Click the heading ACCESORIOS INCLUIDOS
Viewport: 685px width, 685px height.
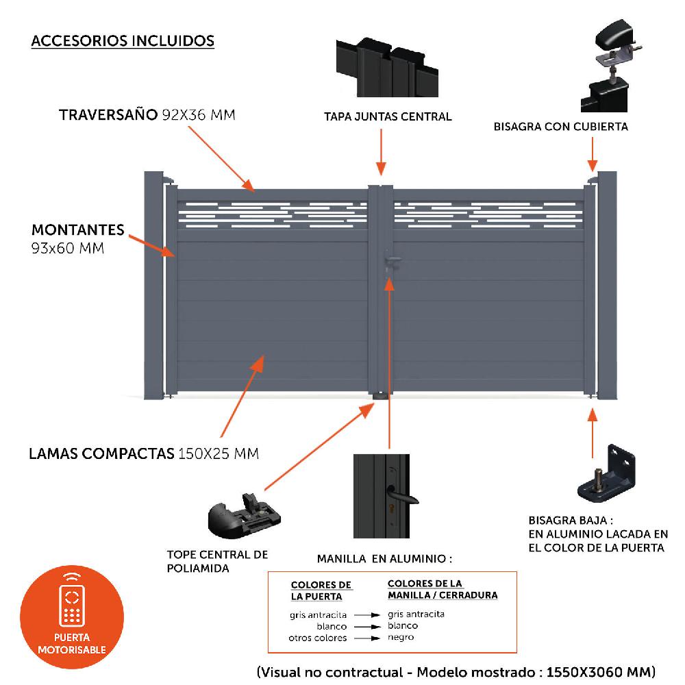(x=123, y=41)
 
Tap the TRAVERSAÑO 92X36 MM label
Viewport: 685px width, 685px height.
(x=147, y=114)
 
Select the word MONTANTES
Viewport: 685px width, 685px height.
(x=78, y=229)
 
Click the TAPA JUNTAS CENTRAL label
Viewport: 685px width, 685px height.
(x=388, y=116)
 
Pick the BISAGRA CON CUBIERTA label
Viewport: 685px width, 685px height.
(x=560, y=127)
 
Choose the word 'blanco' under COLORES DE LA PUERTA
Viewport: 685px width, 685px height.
(x=332, y=626)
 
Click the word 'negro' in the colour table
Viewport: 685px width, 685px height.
(x=401, y=637)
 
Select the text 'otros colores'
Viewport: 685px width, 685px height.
(x=318, y=638)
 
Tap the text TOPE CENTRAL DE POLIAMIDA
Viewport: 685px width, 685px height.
(x=217, y=561)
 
